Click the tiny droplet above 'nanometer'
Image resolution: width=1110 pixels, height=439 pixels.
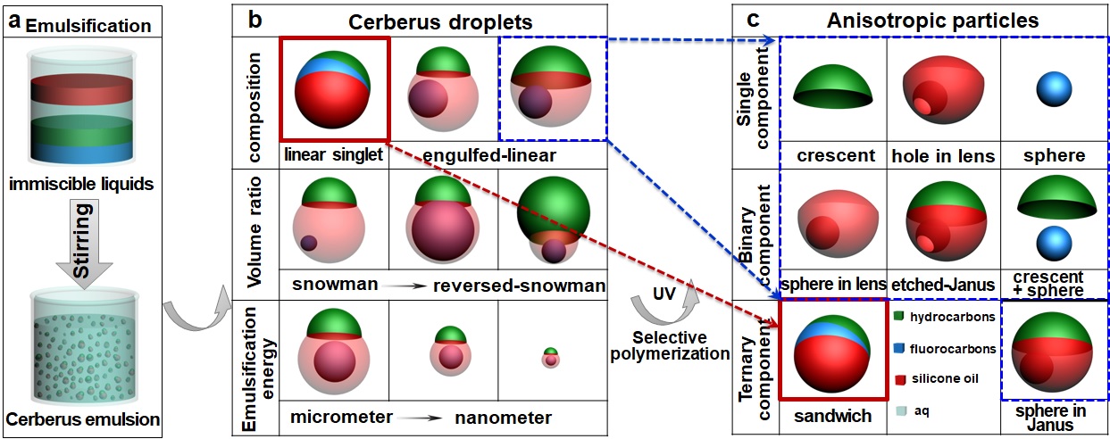(552, 357)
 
